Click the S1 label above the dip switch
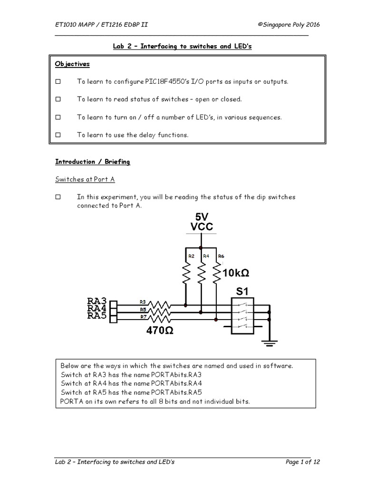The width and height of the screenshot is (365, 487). click(240, 291)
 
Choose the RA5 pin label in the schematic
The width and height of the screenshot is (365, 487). click(97, 316)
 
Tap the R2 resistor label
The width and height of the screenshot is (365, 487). click(191, 256)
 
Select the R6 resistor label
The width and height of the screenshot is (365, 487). click(221, 256)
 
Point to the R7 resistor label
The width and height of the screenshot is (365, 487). click(143, 316)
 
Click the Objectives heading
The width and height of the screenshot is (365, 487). click(72, 64)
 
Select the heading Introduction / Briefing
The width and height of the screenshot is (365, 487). click(93, 162)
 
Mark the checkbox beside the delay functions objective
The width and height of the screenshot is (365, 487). click(58, 135)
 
